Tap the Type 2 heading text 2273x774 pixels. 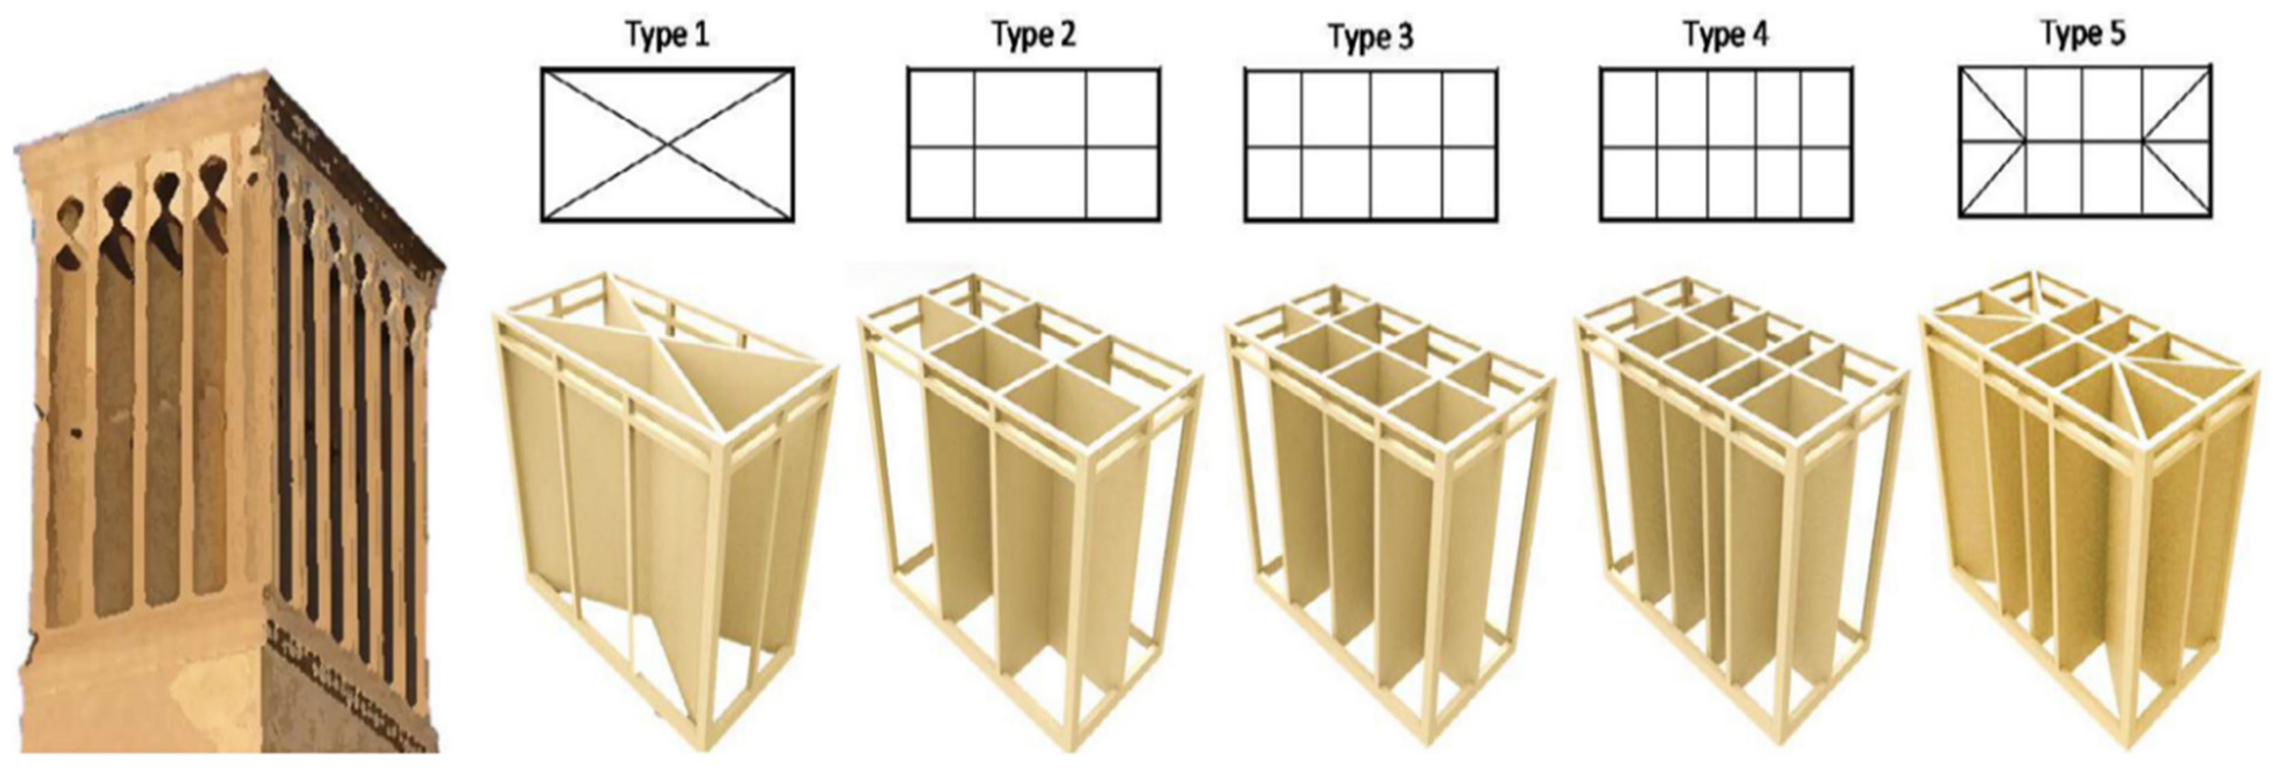[x=1033, y=35]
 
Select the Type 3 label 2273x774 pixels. [x=1370, y=36]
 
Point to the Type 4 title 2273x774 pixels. [x=1726, y=35]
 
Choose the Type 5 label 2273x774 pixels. [x=2083, y=34]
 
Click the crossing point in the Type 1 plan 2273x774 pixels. [x=668, y=144]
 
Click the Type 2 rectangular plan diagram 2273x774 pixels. [x=1033, y=144]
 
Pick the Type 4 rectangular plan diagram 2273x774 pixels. [x=1726, y=145]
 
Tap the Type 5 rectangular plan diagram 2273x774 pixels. [x=2085, y=140]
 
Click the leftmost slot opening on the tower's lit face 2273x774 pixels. [x=64, y=415]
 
